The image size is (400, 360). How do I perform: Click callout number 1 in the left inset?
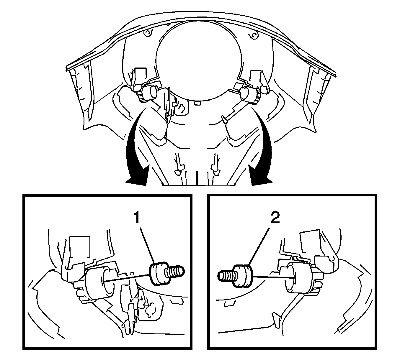(x=137, y=218)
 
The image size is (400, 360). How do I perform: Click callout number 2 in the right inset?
(x=275, y=218)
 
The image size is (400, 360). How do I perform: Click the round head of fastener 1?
(x=159, y=274)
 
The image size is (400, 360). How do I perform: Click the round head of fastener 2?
(x=243, y=276)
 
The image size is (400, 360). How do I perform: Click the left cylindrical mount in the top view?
(x=150, y=93)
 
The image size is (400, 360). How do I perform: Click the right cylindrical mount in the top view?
(x=249, y=95)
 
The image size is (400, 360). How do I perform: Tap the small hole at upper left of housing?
(x=148, y=32)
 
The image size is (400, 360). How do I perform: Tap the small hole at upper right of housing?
(x=254, y=36)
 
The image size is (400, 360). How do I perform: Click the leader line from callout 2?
(x=259, y=247)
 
